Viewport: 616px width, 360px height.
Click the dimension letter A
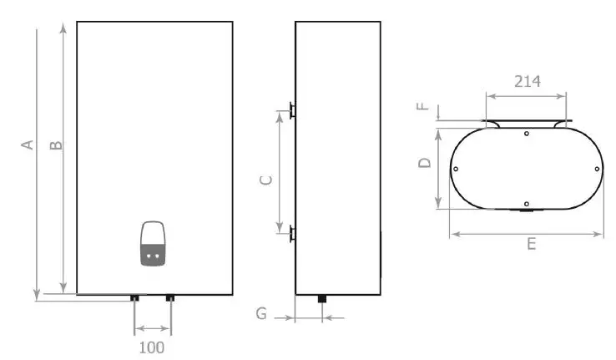pyautogui.click(x=28, y=145)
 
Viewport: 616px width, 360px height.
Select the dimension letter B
pyautogui.click(x=56, y=145)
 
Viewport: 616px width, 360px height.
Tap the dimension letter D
pyautogui.click(x=424, y=163)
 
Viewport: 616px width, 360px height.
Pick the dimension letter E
pyautogui.click(x=531, y=244)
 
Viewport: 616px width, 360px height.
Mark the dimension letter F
pyautogui.click(x=422, y=107)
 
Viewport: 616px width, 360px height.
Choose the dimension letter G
pyautogui.click(x=262, y=314)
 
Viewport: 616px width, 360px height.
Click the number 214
pyautogui.click(x=527, y=81)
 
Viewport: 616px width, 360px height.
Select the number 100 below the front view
pyautogui.click(x=151, y=347)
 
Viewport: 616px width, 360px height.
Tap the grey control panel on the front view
pyautogui.click(x=152, y=244)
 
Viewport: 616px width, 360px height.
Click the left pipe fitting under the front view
pyautogui.click(x=134, y=297)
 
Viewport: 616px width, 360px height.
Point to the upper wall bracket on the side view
pyautogui.click(x=290, y=109)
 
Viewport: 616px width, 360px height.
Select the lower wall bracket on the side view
pyautogui.click(x=290, y=231)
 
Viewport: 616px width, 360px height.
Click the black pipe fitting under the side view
pyautogui.click(x=322, y=299)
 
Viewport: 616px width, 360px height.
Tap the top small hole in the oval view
pyautogui.click(x=526, y=134)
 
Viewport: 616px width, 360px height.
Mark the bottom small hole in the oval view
pyautogui.click(x=526, y=203)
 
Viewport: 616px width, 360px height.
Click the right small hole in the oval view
pyautogui.click(x=596, y=169)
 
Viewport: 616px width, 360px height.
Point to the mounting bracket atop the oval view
pyautogui.click(x=527, y=124)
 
